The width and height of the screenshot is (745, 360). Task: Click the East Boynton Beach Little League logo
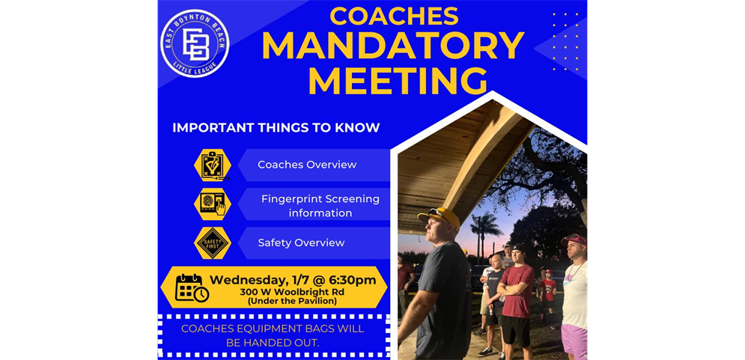click(195, 43)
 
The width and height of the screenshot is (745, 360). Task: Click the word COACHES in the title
click(394, 16)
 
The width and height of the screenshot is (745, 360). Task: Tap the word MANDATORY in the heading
click(392, 46)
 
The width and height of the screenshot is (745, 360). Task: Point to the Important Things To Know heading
click(276, 128)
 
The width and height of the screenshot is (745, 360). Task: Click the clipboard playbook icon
click(213, 165)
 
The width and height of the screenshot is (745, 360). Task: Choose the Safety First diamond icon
click(213, 242)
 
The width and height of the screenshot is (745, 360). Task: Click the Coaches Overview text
click(307, 165)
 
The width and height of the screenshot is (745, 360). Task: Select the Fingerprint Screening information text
click(320, 206)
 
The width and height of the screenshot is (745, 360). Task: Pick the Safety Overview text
click(301, 242)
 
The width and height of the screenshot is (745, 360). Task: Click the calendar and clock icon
click(191, 287)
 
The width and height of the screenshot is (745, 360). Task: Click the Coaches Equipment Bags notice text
click(273, 335)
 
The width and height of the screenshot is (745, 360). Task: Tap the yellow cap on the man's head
click(440, 217)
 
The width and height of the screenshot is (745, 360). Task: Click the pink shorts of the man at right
click(574, 340)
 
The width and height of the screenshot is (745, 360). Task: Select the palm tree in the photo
click(486, 224)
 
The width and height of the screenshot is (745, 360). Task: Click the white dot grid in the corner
click(565, 41)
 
